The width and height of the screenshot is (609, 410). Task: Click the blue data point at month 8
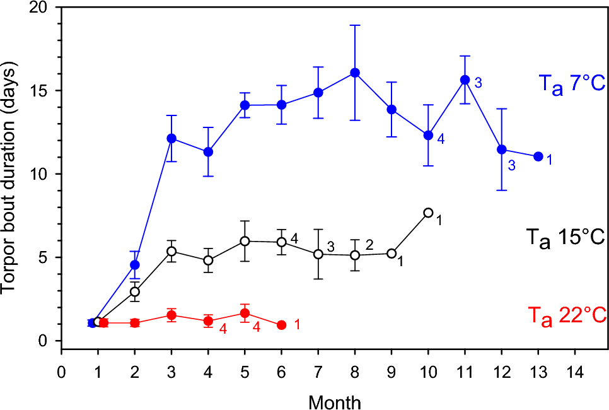click(355, 73)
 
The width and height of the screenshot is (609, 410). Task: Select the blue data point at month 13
click(538, 156)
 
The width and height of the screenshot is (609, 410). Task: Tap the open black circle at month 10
click(429, 213)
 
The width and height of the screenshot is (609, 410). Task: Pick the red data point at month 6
click(281, 325)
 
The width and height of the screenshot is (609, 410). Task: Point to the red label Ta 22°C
click(565, 313)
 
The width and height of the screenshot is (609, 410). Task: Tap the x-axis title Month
click(335, 401)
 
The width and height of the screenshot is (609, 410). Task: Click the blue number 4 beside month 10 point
click(441, 139)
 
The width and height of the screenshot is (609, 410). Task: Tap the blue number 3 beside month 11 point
click(478, 83)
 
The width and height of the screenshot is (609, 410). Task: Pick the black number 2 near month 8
click(369, 244)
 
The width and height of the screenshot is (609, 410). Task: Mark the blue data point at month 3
click(171, 138)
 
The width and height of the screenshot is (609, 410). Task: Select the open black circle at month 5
click(245, 241)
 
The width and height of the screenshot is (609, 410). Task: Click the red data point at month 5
click(245, 313)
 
